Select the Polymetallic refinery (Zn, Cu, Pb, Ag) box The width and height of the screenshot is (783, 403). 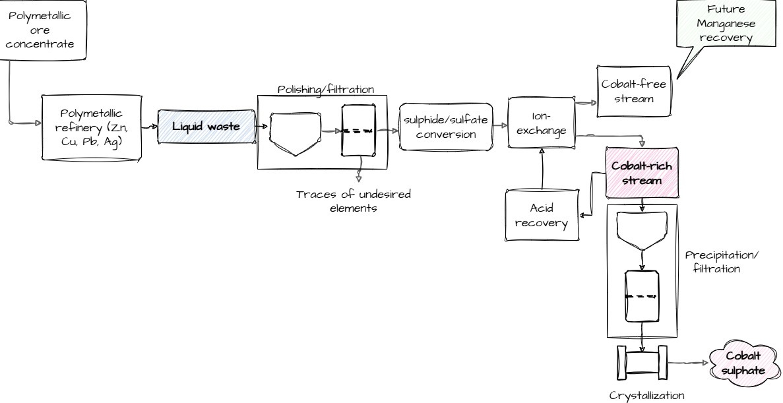[x=91, y=127]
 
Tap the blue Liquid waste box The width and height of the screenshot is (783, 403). [x=206, y=126]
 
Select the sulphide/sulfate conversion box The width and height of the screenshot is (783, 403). [x=446, y=126]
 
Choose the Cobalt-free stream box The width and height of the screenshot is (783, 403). [x=634, y=92]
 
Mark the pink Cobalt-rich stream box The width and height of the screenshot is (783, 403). [x=642, y=173]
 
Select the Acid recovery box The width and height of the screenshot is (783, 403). [x=541, y=216]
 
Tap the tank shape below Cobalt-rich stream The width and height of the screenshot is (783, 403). [x=642, y=231]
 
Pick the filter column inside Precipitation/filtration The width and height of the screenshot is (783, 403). [x=642, y=296]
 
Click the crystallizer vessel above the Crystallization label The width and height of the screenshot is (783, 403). [x=642, y=363]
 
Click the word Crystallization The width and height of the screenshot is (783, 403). [x=642, y=395]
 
